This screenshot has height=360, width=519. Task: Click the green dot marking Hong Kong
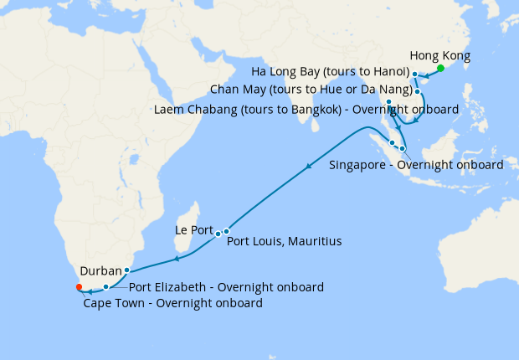point(440,68)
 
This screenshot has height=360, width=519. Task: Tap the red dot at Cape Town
point(79,287)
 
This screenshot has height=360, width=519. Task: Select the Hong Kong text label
point(444,56)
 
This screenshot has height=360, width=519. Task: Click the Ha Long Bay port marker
point(415,75)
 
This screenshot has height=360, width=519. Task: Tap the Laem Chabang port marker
point(389,102)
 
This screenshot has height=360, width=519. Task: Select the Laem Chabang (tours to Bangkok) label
point(306,109)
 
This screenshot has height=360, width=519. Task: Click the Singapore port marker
point(403,149)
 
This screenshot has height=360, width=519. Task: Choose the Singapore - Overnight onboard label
point(416,164)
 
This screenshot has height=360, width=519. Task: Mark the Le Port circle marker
point(218,233)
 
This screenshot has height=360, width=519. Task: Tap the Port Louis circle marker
point(226,231)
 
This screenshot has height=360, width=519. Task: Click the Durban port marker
point(126,270)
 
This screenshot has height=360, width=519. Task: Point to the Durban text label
point(101,271)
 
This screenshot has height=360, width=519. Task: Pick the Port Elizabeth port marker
point(105,287)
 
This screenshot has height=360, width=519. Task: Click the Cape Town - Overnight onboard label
point(173,303)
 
